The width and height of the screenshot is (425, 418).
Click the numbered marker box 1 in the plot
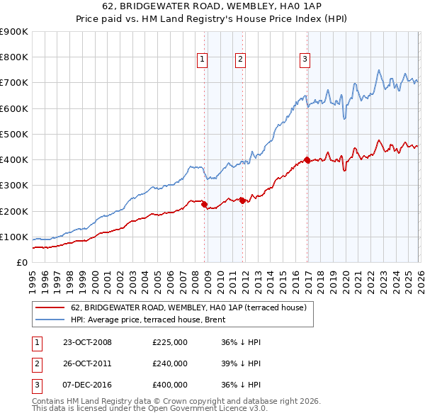tap(203, 60)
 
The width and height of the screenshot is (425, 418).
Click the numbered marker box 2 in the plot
tap(240, 60)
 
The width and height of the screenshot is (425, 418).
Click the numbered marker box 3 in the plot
tap(305, 60)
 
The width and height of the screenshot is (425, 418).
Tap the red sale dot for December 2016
tap(307, 159)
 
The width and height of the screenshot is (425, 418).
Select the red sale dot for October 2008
tap(205, 205)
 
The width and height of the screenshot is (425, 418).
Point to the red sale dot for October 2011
tap(242, 200)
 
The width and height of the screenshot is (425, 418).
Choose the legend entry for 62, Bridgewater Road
tap(188, 307)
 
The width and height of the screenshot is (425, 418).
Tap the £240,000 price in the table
tap(169, 363)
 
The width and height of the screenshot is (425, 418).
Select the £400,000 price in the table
tap(169, 385)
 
